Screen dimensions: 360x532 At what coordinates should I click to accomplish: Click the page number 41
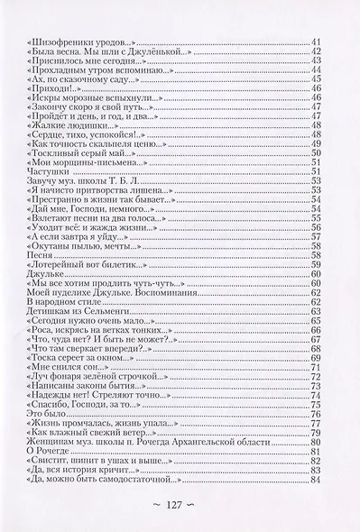(316, 43)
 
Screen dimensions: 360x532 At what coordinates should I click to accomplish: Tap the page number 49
(316, 145)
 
